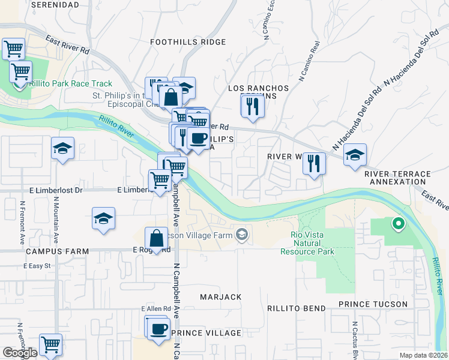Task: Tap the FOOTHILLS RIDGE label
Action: pos(188,42)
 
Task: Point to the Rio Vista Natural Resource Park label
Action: pos(307,243)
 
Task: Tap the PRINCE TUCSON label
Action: pos(373,304)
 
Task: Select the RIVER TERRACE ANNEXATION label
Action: pos(397,178)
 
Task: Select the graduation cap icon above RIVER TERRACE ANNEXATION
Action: pos(355,155)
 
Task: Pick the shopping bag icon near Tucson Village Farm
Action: pos(156,238)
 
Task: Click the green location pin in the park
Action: pos(397,225)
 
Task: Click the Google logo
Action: pos(20,353)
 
